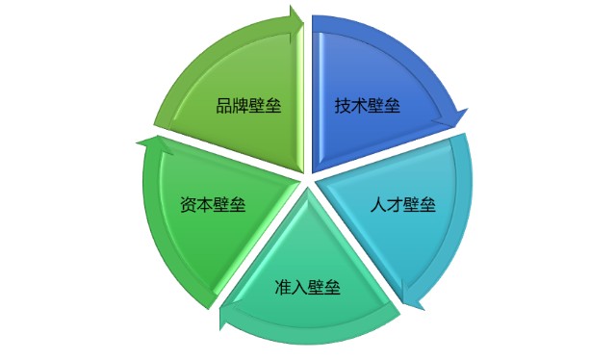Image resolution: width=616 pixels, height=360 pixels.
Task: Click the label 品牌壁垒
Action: coord(248,105)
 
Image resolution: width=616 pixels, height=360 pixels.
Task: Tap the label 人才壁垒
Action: coord(403,204)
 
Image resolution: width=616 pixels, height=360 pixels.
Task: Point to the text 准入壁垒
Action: coord(308,286)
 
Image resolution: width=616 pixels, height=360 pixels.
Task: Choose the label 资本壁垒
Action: coord(213,205)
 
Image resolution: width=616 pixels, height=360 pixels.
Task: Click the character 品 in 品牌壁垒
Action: coord(223,105)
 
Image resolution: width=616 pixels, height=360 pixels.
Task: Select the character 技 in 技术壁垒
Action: coord(343,105)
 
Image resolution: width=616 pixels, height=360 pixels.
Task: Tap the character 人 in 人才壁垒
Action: coord(378,204)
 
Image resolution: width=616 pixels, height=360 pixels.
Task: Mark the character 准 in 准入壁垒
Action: coord(283,286)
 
